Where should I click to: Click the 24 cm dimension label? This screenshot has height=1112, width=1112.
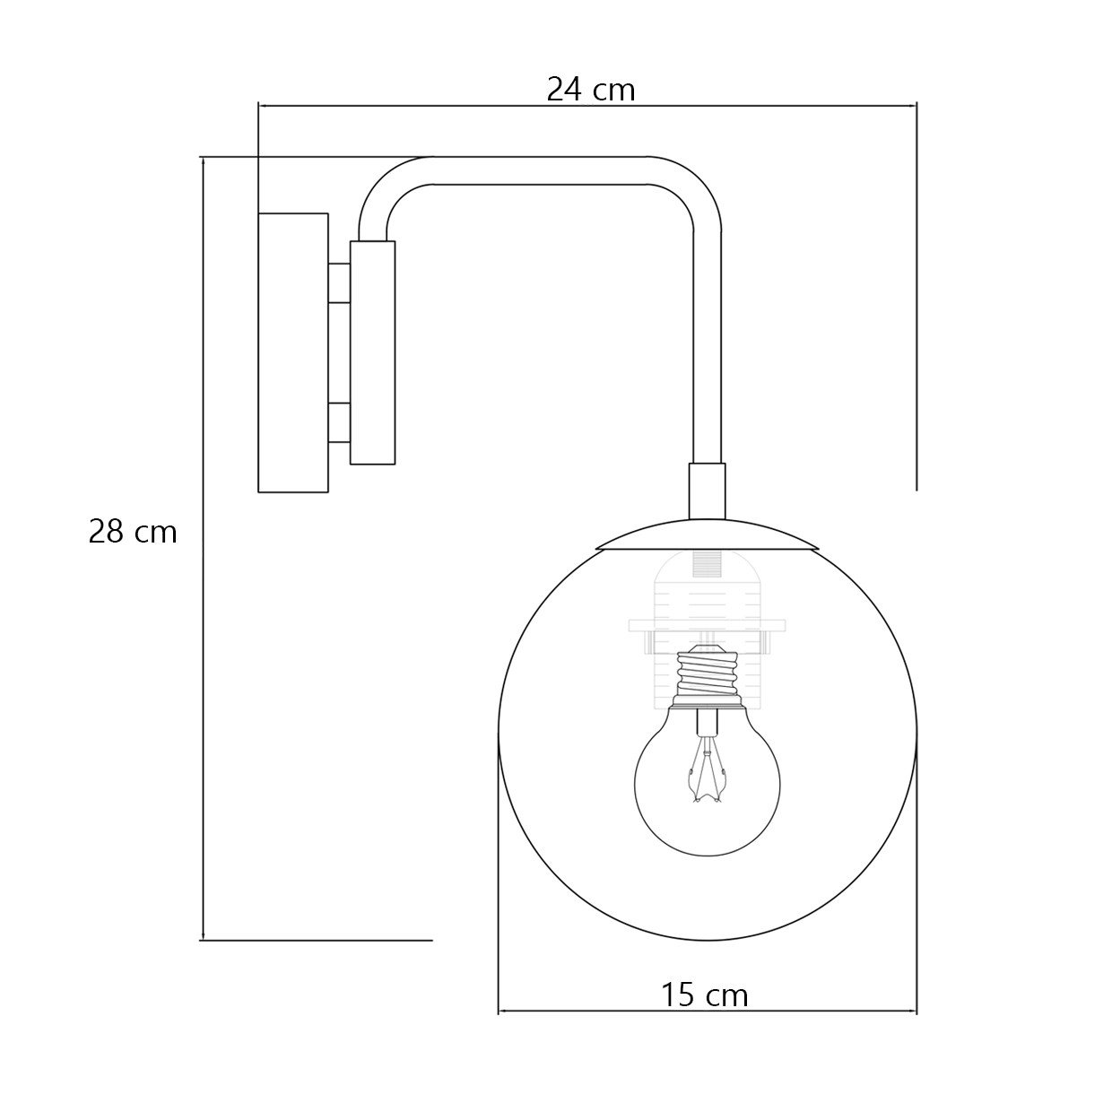pos(590,90)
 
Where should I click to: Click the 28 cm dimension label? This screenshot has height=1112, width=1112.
pos(133,532)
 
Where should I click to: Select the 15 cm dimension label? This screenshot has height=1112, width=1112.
pos(705,995)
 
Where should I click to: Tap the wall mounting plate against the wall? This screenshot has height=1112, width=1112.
pos(293,352)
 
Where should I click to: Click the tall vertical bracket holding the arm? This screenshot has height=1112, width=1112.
pos(372,352)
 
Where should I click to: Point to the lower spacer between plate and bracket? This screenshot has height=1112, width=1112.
pos(339,422)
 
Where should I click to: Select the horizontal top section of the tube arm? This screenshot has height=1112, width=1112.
pos(538,170)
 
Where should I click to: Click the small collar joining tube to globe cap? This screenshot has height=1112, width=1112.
pos(707,491)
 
